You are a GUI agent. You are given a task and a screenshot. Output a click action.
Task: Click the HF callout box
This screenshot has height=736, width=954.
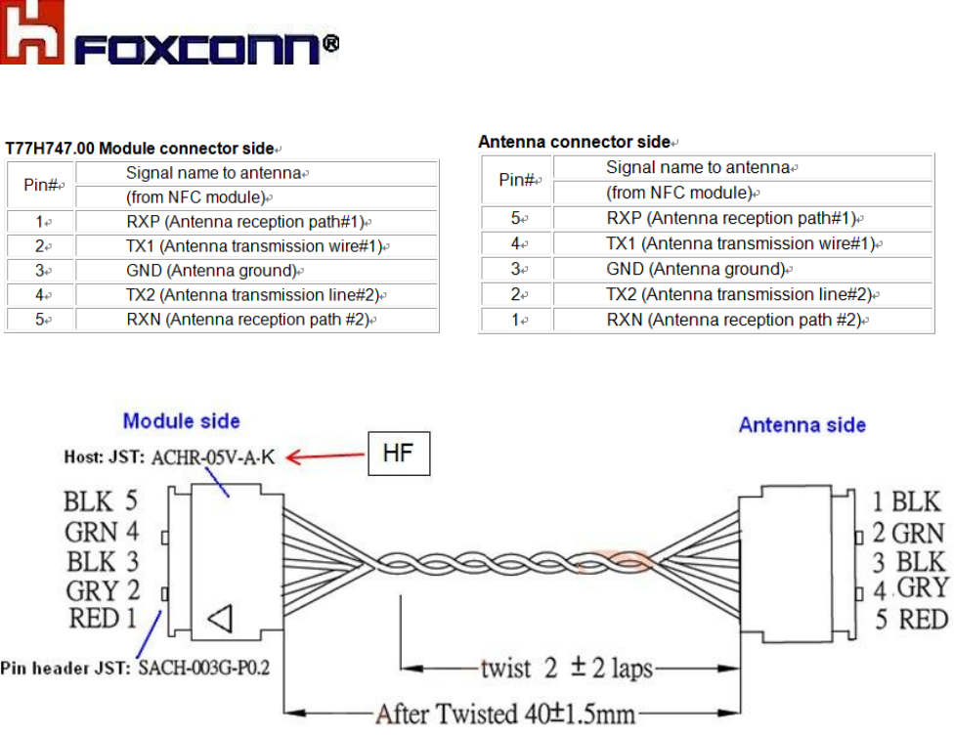[x=398, y=453]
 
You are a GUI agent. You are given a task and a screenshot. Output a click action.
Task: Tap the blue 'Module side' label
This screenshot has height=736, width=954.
[x=182, y=421]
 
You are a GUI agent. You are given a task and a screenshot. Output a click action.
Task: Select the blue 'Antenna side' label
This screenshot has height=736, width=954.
[x=802, y=424]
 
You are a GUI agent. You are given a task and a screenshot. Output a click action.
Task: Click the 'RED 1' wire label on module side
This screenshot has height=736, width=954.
[x=102, y=618]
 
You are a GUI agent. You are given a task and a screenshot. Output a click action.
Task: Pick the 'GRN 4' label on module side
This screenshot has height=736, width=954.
[x=102, y=533]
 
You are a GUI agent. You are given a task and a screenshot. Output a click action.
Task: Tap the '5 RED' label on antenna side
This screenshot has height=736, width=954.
[x=910, y=619]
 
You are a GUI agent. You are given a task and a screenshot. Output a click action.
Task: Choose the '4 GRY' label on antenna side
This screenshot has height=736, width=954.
[x=910, y=588]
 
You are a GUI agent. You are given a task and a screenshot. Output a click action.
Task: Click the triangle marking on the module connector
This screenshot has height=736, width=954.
[x=222, y=619]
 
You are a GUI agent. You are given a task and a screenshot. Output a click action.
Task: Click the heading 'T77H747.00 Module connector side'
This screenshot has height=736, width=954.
[x=141, y=149]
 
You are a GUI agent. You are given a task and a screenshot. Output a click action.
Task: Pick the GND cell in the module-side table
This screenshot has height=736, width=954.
[x=211, y=271]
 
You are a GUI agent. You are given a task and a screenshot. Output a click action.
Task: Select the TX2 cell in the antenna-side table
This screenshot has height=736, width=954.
[x=738, y=294]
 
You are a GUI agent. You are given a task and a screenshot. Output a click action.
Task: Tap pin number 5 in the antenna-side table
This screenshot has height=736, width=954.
[x=515, y=218]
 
